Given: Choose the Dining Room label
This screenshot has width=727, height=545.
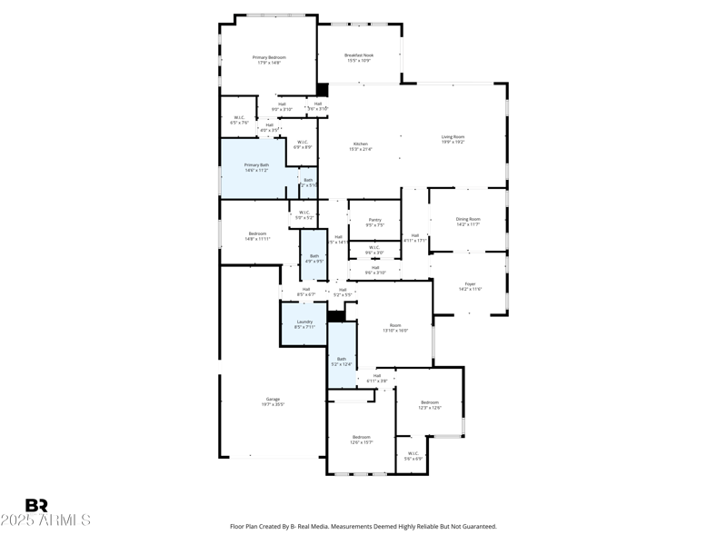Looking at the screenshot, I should coord(468,221).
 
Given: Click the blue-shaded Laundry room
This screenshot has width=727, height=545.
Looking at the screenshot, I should coord(304,323).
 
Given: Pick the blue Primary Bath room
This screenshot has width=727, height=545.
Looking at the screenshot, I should coord(256,167).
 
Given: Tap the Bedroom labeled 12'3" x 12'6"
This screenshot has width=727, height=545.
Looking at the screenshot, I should coord(429,404).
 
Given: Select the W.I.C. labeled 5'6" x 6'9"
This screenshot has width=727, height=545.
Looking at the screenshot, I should coord(413,455).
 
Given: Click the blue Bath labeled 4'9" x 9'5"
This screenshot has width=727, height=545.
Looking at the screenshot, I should coord(314,258).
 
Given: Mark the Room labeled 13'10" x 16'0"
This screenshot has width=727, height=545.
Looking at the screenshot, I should coord(395,327).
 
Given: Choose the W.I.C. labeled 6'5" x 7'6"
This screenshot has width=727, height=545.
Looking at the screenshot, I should coord(239,119).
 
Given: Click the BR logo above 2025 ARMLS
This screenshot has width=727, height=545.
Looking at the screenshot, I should coord(36,506).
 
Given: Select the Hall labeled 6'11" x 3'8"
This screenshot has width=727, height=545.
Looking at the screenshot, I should coord(377,378).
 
